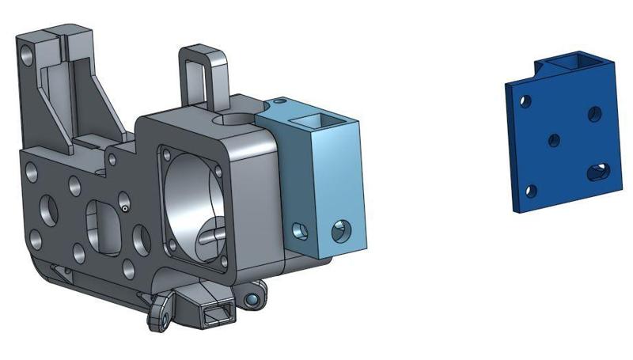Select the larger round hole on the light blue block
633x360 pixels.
342,230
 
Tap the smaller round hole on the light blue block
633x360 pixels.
300,230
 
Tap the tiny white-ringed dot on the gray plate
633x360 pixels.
125,209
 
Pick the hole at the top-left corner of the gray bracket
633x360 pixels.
28,55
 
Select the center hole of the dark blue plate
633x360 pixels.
554,140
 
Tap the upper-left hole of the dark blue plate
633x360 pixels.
524,101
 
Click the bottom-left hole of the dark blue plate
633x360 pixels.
531,190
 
